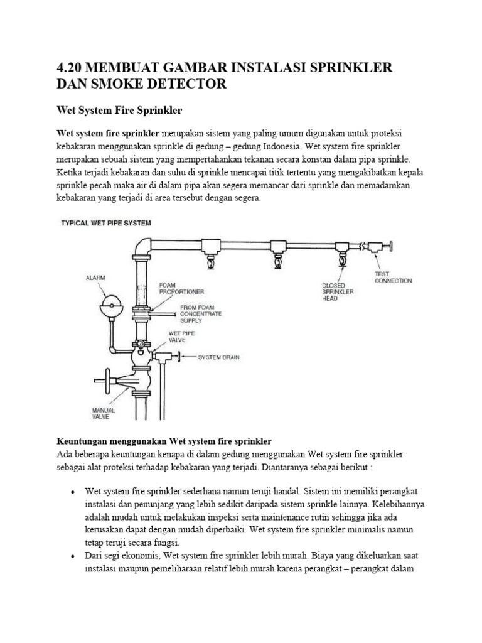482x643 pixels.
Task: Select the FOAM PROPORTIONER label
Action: click(180, 288)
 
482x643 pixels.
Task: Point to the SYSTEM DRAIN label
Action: click(218, 357)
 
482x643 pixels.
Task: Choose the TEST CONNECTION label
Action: click(393, 277)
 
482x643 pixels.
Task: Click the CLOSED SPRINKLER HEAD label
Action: click(339, 291)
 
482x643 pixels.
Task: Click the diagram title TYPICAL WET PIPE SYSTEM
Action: click(105, 222)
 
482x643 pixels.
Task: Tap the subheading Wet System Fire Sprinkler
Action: click(119, 111)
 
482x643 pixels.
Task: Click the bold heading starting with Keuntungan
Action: click(164, 441)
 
